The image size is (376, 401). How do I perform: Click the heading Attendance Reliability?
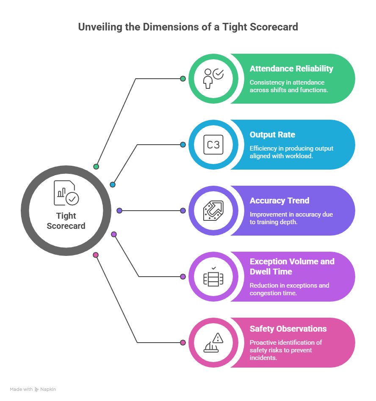291,69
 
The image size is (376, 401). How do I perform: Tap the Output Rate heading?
272,135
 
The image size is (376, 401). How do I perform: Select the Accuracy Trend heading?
279,200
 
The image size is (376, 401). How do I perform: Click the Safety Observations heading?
288,329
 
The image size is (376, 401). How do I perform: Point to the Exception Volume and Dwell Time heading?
292,266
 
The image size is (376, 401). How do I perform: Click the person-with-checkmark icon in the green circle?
213,79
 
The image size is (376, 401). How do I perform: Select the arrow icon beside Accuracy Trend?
213,211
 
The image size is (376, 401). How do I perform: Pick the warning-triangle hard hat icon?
213,343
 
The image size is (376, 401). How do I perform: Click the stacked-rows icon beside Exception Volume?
213,277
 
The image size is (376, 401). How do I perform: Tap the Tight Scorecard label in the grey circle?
66,221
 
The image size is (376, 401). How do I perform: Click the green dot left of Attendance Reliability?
183,79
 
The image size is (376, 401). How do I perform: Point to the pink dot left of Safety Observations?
183,343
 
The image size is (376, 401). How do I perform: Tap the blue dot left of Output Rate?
183,145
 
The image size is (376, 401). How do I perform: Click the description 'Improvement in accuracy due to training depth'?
291,218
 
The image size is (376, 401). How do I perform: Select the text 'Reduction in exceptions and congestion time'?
289,289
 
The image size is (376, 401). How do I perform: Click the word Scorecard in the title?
274,27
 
